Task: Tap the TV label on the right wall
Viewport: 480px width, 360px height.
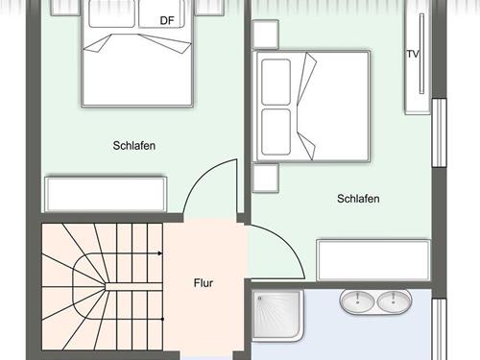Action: coord(413,54)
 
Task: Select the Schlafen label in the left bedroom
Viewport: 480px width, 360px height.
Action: coord(133,146)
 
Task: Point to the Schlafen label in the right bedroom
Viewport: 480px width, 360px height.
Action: coord(358,199)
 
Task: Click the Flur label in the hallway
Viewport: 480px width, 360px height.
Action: coord(203,283)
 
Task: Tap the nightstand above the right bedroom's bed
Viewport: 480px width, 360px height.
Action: coord(265,36)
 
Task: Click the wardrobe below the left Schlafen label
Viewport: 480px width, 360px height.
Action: coord(105,193)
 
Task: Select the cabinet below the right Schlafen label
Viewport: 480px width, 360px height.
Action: coord(373,259)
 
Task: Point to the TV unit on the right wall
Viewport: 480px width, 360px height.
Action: coord(419,60)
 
